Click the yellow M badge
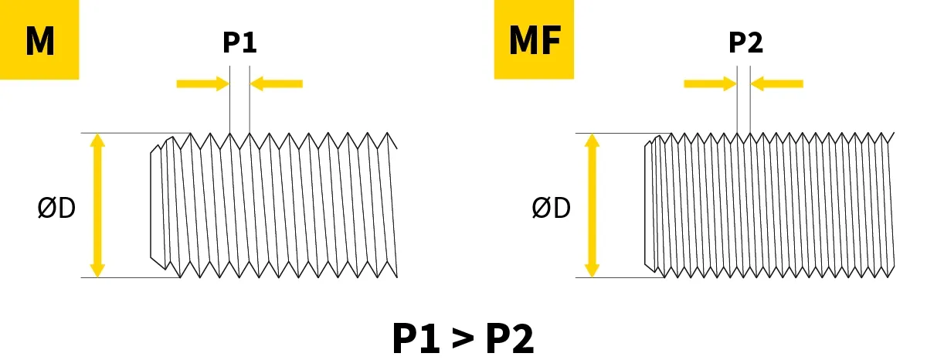coord(39,39)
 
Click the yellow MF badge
coord(534,39)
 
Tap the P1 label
coord(239,42)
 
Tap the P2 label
coord(745,42)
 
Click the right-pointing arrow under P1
coord(203,83)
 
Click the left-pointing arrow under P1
coord(277,83)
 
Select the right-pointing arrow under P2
coord(710,83)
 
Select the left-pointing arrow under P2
coord(778,83)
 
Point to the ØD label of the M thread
coord(56,208)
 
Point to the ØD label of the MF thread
coord(551,208)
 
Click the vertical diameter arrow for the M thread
coord(97,205)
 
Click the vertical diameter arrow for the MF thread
coord(592,205)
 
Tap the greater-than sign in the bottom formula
coord(462,338)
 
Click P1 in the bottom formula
coord(417,338)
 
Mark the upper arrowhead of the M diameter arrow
coord(97,141)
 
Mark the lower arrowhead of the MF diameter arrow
coord(592,270)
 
